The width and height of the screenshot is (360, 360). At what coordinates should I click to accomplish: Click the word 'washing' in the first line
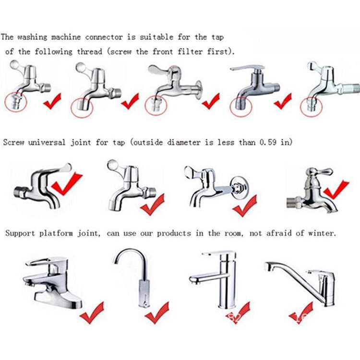32,37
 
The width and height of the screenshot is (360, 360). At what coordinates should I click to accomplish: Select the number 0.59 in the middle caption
268,142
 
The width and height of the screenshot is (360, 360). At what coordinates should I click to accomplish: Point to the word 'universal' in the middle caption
47,143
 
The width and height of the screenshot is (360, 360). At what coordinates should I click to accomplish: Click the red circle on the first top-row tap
16,102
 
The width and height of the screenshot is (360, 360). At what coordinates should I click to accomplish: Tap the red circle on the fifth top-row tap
312,107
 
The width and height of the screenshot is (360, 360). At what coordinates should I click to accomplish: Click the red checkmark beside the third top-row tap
211,101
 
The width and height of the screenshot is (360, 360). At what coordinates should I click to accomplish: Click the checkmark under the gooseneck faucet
157,312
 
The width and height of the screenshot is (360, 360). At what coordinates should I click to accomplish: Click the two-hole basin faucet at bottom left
52,282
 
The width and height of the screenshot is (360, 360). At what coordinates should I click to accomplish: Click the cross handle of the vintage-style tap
318,171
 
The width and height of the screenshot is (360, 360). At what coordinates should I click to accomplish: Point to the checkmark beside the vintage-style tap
336,189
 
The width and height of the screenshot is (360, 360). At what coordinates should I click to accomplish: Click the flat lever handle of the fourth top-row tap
247,68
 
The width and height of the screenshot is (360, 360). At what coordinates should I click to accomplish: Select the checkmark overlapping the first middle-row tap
67,184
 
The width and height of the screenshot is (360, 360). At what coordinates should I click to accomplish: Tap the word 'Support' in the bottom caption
20,233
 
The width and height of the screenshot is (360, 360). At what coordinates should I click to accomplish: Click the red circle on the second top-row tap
82,108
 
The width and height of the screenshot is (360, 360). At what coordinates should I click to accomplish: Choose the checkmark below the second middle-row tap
153,204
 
